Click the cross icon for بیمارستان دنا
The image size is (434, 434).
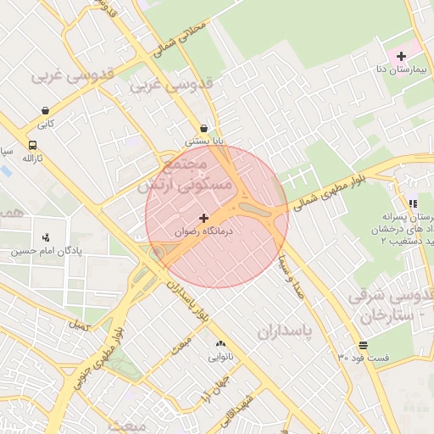coord(401,56)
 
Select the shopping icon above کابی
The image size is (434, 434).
coord(45,110)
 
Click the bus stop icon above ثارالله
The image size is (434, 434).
coord(32,145)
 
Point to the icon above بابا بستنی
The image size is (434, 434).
coord(204,128)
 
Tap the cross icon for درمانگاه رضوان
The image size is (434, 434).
coord(203,218)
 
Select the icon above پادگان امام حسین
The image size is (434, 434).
coord(46,236)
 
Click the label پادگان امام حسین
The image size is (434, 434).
coord(46,251)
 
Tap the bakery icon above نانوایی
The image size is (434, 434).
coord(221,343)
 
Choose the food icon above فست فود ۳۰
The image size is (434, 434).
coord(363,345)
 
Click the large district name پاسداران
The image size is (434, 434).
coord(279,329)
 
